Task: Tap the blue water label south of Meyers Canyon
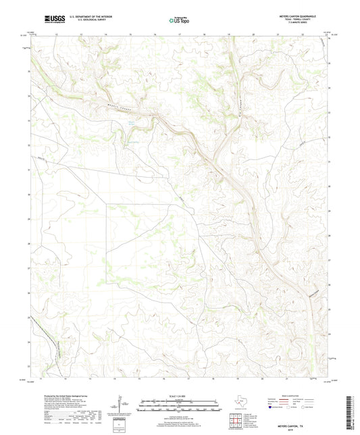[x=125, y=124]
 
